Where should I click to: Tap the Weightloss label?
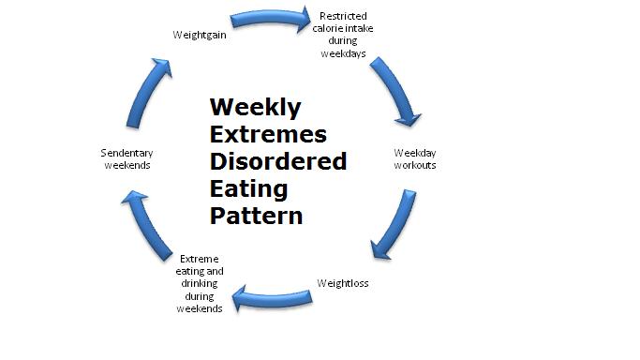click(x=342, y=282)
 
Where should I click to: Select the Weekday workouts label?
click(x=414, y=158)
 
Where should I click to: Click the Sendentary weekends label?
click(x=127, y=158)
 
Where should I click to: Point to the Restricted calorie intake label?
click(x=343, y=35)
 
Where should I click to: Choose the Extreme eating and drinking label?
click(x=199, y=282)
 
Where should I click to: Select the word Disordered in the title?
click(x=277, y=160)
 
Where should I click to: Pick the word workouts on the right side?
click(x=414, y=165)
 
